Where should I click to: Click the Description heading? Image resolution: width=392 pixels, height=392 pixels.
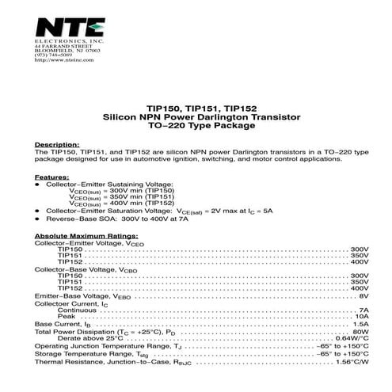(57, 145)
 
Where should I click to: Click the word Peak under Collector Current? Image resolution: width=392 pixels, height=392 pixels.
(67, 317)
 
